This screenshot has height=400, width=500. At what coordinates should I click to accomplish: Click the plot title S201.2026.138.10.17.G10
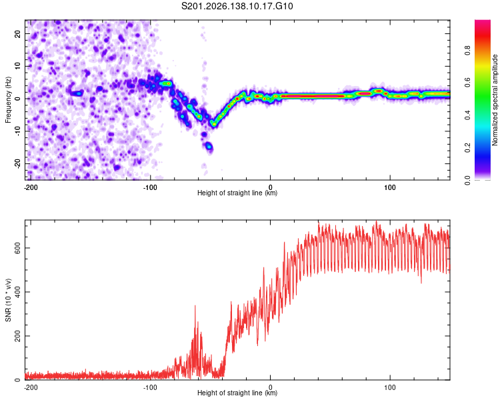point(237,6)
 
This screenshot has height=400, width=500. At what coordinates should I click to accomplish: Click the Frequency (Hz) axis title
point(8,100)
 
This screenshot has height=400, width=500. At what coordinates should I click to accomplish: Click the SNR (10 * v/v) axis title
point(8,300)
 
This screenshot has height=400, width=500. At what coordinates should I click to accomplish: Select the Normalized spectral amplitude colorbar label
point(495,100)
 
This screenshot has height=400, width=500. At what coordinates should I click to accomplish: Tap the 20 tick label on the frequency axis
point(17,33)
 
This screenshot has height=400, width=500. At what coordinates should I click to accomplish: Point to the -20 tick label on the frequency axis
point(17,165)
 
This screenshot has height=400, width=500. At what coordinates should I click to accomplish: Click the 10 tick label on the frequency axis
point(17,66)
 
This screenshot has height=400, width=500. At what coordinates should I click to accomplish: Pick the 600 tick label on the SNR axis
point(17,248)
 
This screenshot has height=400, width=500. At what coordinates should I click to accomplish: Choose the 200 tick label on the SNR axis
point(17,336)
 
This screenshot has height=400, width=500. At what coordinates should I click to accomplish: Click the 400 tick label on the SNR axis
point(17,292)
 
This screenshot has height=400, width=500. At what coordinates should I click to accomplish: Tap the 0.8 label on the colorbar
point(467,51)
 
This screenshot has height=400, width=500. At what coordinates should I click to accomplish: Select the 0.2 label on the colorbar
point(467,148)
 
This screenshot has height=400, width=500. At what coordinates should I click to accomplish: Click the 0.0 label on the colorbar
point(467,180)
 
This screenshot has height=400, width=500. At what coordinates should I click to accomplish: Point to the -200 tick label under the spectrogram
point(31,187)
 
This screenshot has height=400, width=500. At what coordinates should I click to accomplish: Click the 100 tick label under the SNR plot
point(390,387)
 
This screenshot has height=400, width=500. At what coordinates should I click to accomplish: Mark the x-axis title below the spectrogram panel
point(237,193)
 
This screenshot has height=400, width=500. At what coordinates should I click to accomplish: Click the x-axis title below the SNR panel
point(237,393)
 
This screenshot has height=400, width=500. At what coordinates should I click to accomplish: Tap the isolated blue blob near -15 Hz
point(209,147)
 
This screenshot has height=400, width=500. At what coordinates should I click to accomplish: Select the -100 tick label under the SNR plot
point(150,387)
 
